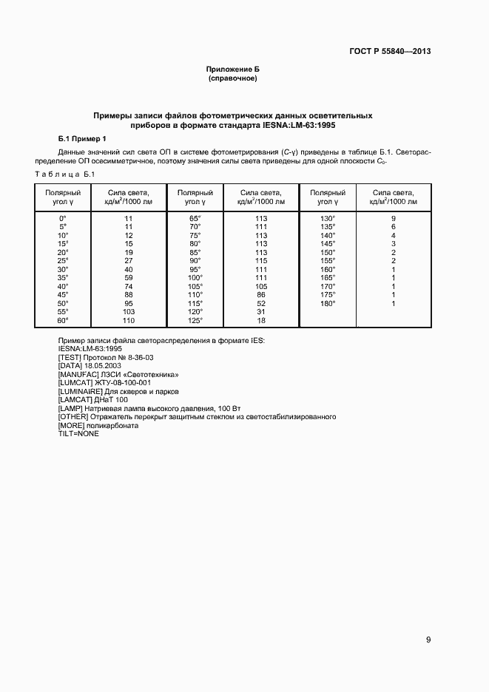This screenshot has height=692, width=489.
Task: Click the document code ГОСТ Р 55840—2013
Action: coord(391,52)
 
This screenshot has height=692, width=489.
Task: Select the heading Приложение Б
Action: coord(233,69)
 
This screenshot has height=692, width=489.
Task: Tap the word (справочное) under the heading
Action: coord(233,78)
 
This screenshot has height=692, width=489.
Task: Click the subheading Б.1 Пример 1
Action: coord(82,138)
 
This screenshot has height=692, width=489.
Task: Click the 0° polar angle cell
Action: coord(63,219)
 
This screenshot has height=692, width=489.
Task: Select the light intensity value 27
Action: coord(128,261)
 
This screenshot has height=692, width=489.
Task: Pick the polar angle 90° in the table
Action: coord(195,261)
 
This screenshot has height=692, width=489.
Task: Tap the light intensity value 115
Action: coord(260,261)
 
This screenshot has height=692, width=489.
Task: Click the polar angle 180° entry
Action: coord(328,303)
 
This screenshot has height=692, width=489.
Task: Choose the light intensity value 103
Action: coord(128,312)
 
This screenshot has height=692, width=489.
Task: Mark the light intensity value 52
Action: coord(260,303)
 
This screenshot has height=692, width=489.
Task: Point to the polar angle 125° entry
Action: coord(195,321)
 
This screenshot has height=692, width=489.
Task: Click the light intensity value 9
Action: coord(394,219)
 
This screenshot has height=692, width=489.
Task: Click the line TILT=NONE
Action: coord(78,433)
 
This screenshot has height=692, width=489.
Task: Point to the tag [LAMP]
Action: coord(70,408)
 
